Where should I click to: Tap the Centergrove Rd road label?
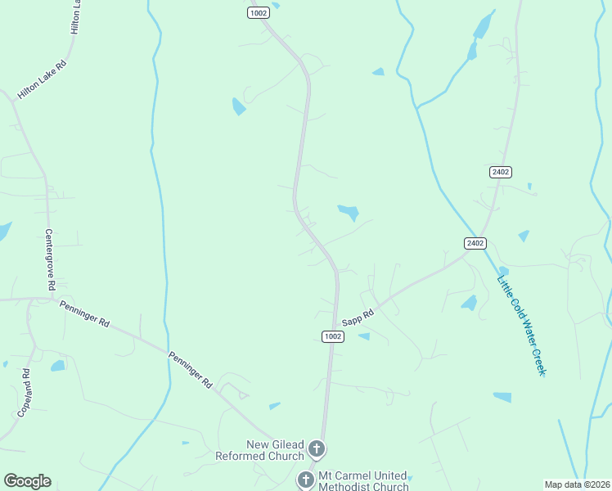click(50, 259)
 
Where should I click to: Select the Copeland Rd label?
click(25, 394)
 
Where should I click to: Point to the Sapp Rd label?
click(358, 314)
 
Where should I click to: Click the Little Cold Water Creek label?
click(521, 325)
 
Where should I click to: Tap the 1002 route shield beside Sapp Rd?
click(332, 336)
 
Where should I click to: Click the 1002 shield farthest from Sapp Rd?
click(258, 12)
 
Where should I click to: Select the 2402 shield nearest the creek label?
click(475, 243)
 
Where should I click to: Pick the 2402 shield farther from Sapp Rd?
click(501, 172)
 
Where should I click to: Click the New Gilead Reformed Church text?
click(259, 449)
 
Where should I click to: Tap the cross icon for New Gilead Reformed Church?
click(317, 448)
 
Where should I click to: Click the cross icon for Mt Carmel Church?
click(305, 480)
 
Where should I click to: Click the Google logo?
click(27, 481)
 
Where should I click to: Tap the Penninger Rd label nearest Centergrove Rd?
click(84, 313)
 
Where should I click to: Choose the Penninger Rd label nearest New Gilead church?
click(191, 370)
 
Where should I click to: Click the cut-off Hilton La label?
click(76, 16)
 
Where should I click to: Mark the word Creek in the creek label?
click(536, 359)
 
